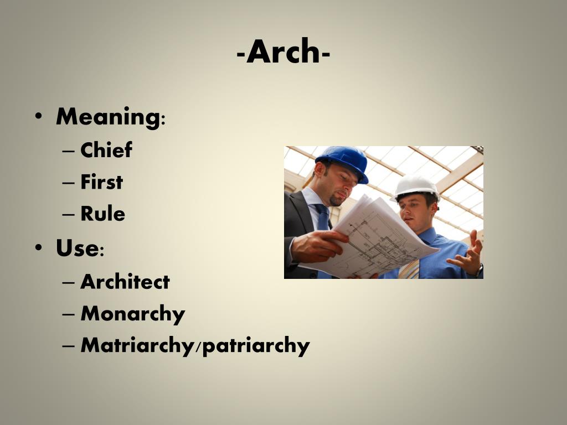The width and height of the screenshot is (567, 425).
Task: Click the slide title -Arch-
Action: (283, 53)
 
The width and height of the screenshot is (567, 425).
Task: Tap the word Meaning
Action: (107, 117)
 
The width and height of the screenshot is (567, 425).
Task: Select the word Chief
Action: (106, 150)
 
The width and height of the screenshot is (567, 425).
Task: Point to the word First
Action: (101, 182)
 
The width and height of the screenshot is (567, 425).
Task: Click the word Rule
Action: (102, 214)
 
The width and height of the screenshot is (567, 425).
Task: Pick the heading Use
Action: (77, 248)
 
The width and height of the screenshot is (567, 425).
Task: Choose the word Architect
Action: (125, 282)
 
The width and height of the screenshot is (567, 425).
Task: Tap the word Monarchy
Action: (133, 314)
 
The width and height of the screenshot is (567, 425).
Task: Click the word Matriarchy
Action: (138, 346)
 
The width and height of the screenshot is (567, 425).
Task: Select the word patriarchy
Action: (255, 346)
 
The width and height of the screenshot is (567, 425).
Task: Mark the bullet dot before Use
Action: (38, 248)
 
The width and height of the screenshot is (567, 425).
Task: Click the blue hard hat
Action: (343, 161)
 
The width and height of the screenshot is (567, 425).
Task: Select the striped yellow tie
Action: (410, 269)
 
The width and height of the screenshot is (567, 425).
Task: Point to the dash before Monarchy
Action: (68, 314)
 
